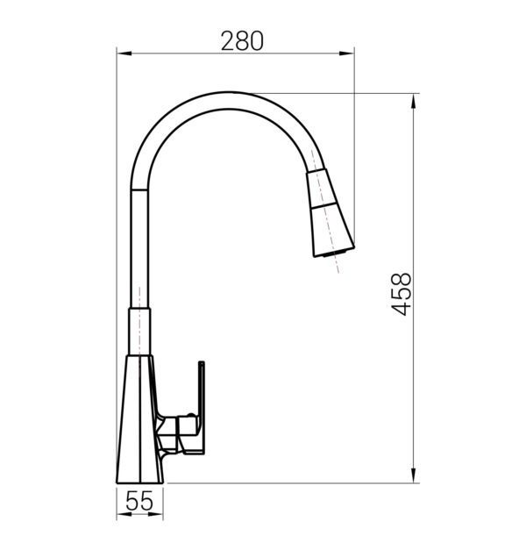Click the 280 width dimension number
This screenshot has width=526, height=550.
242,41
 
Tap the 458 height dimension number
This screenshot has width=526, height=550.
401,294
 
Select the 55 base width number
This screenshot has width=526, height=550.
139,501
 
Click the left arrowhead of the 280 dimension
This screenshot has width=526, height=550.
124,54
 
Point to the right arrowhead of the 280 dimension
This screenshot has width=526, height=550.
346,54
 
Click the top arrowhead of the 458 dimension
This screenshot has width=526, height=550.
414,102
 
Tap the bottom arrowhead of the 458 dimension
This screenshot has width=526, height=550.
414,475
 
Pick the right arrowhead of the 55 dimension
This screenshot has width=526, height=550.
156,514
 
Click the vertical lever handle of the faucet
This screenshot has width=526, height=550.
202,407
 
